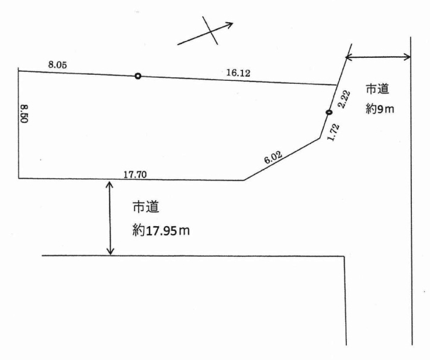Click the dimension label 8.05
tap(57, 65)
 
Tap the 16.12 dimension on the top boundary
tap(238, 73)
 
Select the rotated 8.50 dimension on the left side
tap(24, 114)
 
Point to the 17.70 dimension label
tap(135, 175)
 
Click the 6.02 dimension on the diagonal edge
tap(273, 157)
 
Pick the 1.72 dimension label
tap(334, 133)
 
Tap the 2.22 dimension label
tap(344, 100)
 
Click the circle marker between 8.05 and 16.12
tap(138, 76)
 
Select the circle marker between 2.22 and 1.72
tap(329, 112)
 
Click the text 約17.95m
tap(161, 231)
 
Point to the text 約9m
tap(379, 109)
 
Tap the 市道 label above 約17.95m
tap(146, 207)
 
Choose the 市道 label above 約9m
tap(378, 89)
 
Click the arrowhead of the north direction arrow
tap(233, 23)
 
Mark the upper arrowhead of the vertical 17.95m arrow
tap(110, 182)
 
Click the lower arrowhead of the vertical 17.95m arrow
tap(110, 254)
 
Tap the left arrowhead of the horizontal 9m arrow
tap(346, 57)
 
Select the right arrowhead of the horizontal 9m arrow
tap(410, 57)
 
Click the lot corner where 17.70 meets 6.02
tap(244, 180)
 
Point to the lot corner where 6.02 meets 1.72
tap(320, 138)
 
